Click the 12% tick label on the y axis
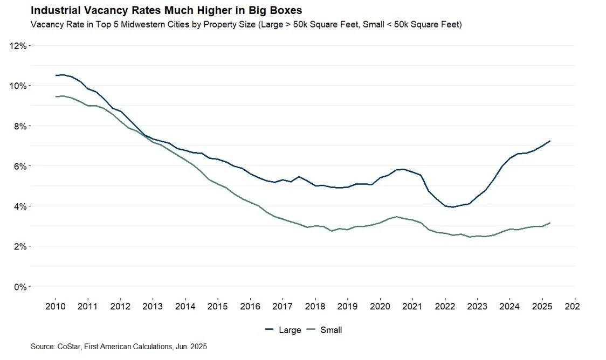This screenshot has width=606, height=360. (x=18, y=46)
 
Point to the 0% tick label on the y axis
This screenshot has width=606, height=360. (x=20, y=287)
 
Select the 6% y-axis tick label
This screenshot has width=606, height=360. (x=20, y=166)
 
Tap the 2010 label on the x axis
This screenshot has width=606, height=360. (x=56, y=307)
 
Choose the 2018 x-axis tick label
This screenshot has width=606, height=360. (x=315, y=307)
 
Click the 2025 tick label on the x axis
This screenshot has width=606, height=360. (x=542, y=307)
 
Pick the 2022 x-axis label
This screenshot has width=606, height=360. (x=445, y=307)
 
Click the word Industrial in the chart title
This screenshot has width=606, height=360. (x=54, y=10)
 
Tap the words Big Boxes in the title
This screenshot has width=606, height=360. (x=278, y=10)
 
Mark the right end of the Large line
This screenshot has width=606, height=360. (x=549, y=141)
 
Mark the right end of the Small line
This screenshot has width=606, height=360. (x=549, y=223)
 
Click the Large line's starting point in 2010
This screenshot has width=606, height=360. (x=56, y=75)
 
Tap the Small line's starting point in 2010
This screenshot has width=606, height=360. (x=56, y=96)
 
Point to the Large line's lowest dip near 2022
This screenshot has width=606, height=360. (x=452, y=207)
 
